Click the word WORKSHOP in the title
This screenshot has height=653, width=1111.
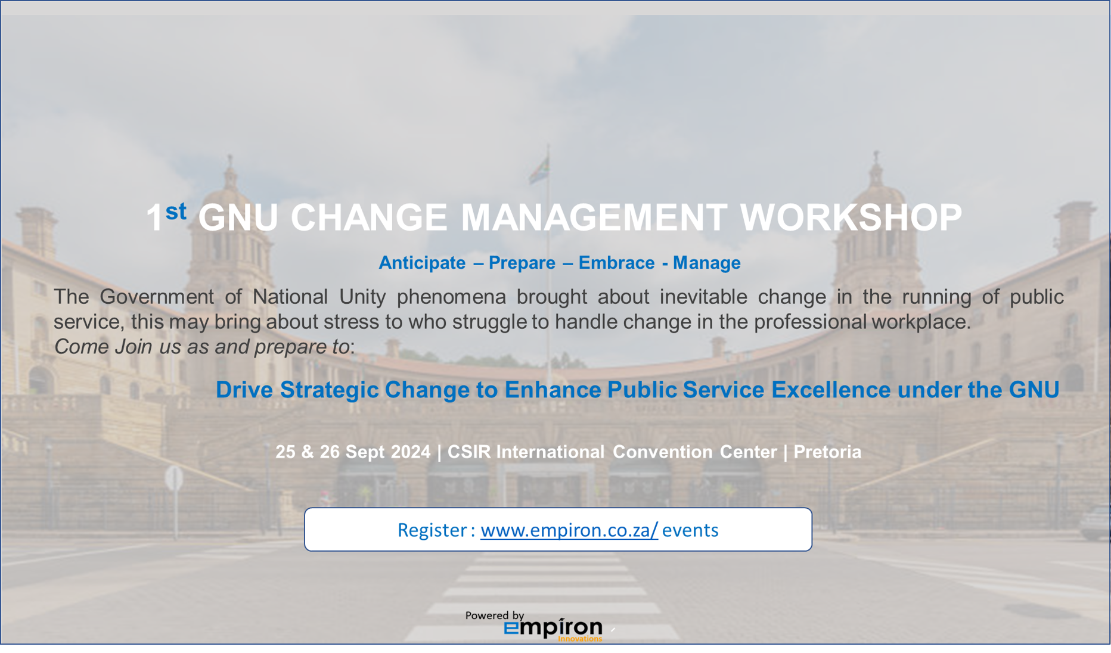[x=851, y=217]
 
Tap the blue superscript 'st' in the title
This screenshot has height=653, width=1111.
[x=176, y=211]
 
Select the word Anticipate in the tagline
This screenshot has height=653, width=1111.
[x=422, y=263]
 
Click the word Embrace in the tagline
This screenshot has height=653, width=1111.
[x=616, y=263]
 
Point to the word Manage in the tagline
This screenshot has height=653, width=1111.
[x=706, y=263]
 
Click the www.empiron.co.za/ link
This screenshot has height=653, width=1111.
[x=569, y=530]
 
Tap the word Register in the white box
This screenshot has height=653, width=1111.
[x=432, y=530]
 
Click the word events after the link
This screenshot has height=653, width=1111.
[x=690, y=530]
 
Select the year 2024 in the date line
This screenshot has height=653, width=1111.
[x=411, y=452]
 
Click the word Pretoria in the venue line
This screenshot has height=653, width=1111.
[x=827, y=452]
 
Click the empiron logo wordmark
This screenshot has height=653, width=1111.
[x=553, y=628]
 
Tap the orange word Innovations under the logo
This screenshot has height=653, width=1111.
[x=580, y=639]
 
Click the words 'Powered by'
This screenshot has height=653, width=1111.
[x=495, y=615]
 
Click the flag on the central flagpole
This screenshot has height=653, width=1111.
[x=539, y=169]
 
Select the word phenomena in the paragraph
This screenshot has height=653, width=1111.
[x=451, y=296]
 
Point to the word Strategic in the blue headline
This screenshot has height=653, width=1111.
[x=329, y=390]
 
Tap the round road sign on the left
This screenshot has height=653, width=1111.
[x=174, y=478]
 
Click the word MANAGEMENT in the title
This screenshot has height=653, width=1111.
[x=594, y=217]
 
